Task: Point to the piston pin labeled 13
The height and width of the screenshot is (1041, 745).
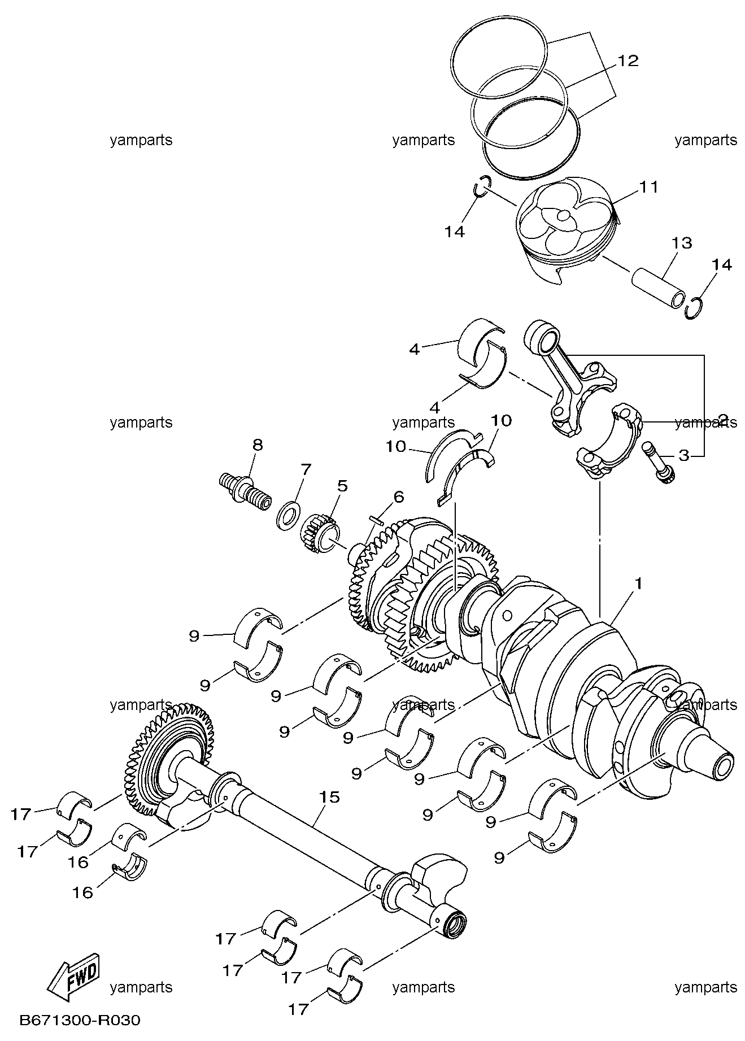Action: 659,287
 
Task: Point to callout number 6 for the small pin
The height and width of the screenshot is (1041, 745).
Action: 399,497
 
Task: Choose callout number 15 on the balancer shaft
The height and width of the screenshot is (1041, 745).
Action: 330,797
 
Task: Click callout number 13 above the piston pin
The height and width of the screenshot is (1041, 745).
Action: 682,243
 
